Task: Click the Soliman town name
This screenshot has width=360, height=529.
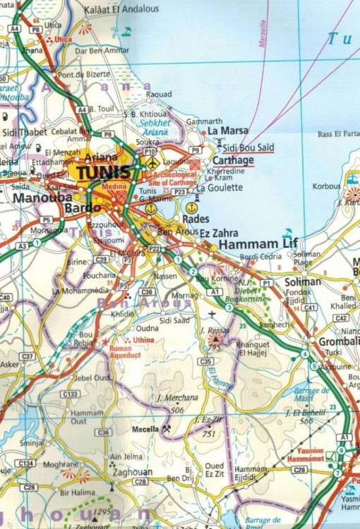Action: coord(302,281)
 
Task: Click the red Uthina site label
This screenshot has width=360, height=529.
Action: coord(143,341)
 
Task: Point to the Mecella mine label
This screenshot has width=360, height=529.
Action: coord(146,428)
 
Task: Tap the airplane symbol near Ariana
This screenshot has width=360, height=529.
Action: coord(152,163)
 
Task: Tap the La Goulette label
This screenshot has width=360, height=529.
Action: coord(220,188)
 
